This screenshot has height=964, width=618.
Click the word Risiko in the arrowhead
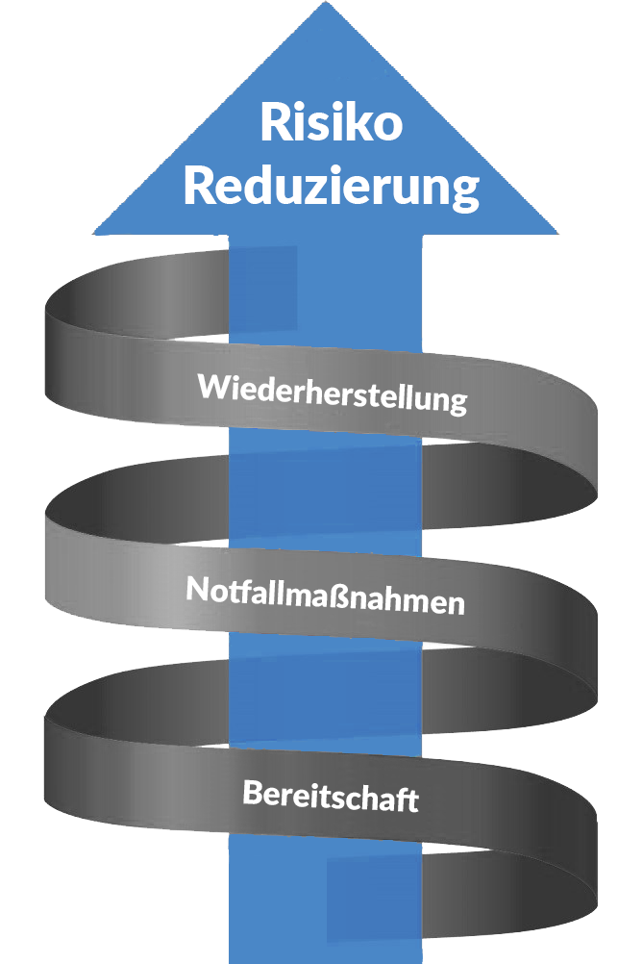coord(332,121)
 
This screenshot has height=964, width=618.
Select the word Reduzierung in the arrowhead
coord(332,187)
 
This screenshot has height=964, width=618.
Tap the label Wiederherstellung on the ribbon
coord(333,393)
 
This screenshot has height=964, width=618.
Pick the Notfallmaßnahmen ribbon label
coord(326,596)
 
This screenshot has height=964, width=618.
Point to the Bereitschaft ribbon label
coord(332,796)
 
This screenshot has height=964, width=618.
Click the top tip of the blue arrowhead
coord(325,2)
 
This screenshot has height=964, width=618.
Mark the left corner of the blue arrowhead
coord(93,233)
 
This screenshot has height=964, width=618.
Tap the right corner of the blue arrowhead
coord(557,233)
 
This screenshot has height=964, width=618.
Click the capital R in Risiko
coord(275,122)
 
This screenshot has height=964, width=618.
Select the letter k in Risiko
coord(358,121)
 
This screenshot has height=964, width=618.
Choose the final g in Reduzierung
coord(466,194)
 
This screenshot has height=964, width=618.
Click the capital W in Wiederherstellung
coord(212,386)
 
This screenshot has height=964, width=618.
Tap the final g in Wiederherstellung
coord(457,403)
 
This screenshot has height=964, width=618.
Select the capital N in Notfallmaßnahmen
coord(197,588)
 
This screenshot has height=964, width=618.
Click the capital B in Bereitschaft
coord(253,791)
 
